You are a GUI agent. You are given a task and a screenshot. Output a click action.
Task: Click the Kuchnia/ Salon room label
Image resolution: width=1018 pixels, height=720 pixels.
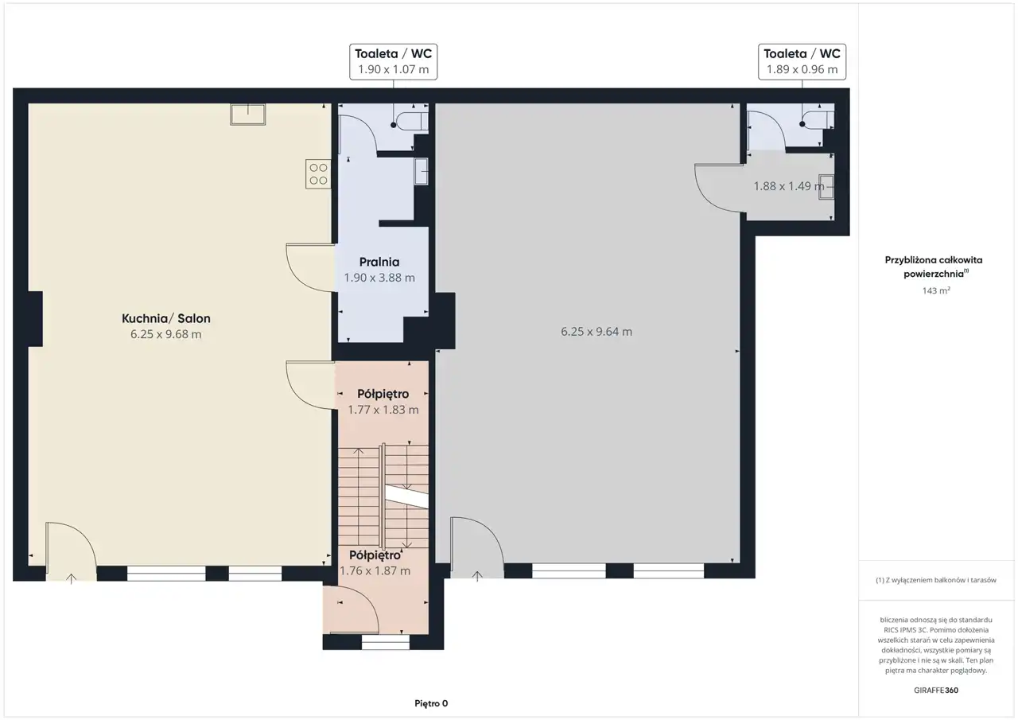coord(166,318)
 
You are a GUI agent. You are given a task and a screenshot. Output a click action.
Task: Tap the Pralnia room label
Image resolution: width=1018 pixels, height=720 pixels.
coord(379,262)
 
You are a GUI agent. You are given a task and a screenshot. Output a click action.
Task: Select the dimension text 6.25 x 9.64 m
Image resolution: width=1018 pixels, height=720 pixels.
coord(596,332)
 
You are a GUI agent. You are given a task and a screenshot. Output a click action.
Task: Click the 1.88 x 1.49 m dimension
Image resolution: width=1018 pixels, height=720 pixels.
coord(788,186)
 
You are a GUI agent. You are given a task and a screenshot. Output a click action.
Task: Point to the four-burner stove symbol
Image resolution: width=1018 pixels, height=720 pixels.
coord(318,173)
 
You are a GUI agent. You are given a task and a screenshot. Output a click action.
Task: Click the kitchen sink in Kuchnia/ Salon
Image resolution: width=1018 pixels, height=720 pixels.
coord(247,114)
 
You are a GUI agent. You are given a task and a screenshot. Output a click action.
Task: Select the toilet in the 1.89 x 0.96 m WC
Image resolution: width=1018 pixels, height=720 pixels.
coord(818,120)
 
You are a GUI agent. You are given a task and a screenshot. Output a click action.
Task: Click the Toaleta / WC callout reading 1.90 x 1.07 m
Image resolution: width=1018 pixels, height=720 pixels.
coord(393,62)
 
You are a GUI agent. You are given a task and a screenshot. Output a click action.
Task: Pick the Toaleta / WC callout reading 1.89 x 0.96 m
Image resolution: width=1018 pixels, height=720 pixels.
coord(802,62)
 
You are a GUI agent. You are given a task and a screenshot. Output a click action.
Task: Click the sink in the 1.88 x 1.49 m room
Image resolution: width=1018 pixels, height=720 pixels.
coord(826,187)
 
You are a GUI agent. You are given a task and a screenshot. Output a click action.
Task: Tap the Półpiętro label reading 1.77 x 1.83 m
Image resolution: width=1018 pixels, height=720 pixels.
coord(383,401)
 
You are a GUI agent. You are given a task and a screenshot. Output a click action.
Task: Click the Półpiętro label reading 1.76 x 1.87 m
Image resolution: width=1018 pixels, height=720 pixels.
coord(375,562)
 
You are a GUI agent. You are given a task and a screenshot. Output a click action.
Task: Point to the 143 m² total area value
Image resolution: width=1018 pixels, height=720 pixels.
coord(936,290)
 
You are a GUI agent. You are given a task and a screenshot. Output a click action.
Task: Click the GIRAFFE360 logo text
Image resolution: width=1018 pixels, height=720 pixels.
coord(936,690)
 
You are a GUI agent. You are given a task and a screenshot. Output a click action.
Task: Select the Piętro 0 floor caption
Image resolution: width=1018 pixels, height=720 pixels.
coord(431,703)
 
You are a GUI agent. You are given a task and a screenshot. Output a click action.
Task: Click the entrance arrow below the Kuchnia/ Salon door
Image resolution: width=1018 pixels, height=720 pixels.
coord(72,578)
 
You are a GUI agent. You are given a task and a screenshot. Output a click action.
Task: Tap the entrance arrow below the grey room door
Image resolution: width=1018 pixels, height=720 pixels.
coord(477,576)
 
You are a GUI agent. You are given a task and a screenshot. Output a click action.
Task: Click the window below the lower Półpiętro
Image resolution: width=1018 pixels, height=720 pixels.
coord(386,642)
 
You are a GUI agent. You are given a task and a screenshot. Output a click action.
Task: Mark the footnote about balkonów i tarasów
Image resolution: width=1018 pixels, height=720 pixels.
coord(936,580)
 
